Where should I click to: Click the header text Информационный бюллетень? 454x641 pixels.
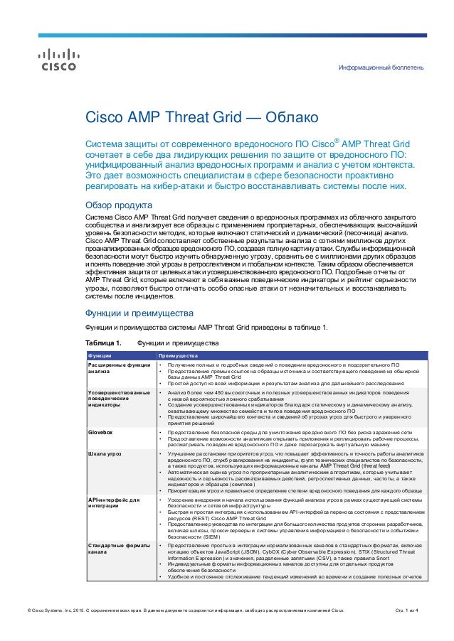pos(381,68)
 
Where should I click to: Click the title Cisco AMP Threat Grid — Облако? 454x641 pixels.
pos(196,117)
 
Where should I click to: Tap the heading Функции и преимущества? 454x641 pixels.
pos(135,313)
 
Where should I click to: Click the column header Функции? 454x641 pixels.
pos(99,355)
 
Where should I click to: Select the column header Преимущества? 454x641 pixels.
pos(177,355)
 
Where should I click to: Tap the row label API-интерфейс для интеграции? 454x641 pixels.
pos(114,504)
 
